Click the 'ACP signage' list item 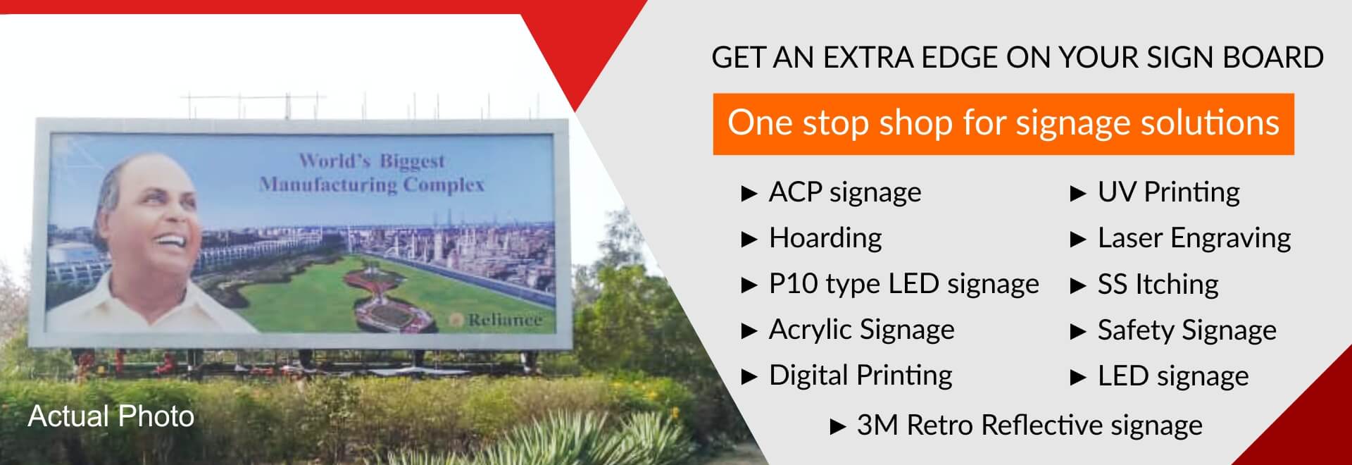(844, 192)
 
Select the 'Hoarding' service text (825, 237)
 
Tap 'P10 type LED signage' (903, 283)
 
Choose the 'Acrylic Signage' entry (861, 329)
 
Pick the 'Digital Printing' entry (860, 375)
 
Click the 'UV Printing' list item (1168, 192)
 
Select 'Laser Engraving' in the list (1194, 238)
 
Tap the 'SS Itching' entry (1158, 284)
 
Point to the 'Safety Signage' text (1187, 330)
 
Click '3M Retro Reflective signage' (1029, 425)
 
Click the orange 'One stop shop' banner (1003, 124)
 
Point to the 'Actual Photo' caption (111, 416)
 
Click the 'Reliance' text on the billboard (505, 320)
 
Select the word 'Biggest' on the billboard (412, 161)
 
